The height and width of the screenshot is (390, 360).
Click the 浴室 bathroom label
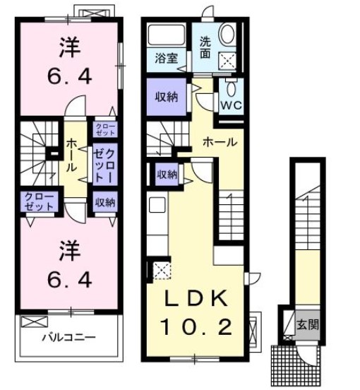pos(167,59)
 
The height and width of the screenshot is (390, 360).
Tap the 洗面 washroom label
pos(205,46)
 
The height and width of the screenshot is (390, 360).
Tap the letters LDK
pos(197,299)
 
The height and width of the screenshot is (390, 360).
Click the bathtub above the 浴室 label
pos(168,36)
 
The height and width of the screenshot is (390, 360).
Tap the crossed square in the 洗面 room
pos(229,61)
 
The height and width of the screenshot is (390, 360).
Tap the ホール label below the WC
pos(220,142)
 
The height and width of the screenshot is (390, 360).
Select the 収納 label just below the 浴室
pos(167,97)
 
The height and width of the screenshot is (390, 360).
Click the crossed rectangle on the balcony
pos(32,322)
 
